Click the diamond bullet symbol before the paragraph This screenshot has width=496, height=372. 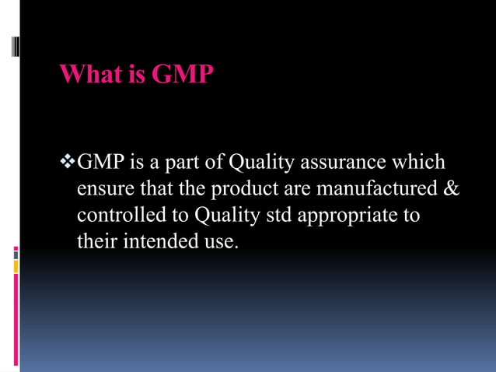click(68, 163)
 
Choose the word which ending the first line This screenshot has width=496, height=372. click(420, 163)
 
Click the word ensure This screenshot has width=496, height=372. click(102, 189)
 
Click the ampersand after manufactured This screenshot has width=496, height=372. click(452, 189)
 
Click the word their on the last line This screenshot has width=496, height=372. click(96, 241)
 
